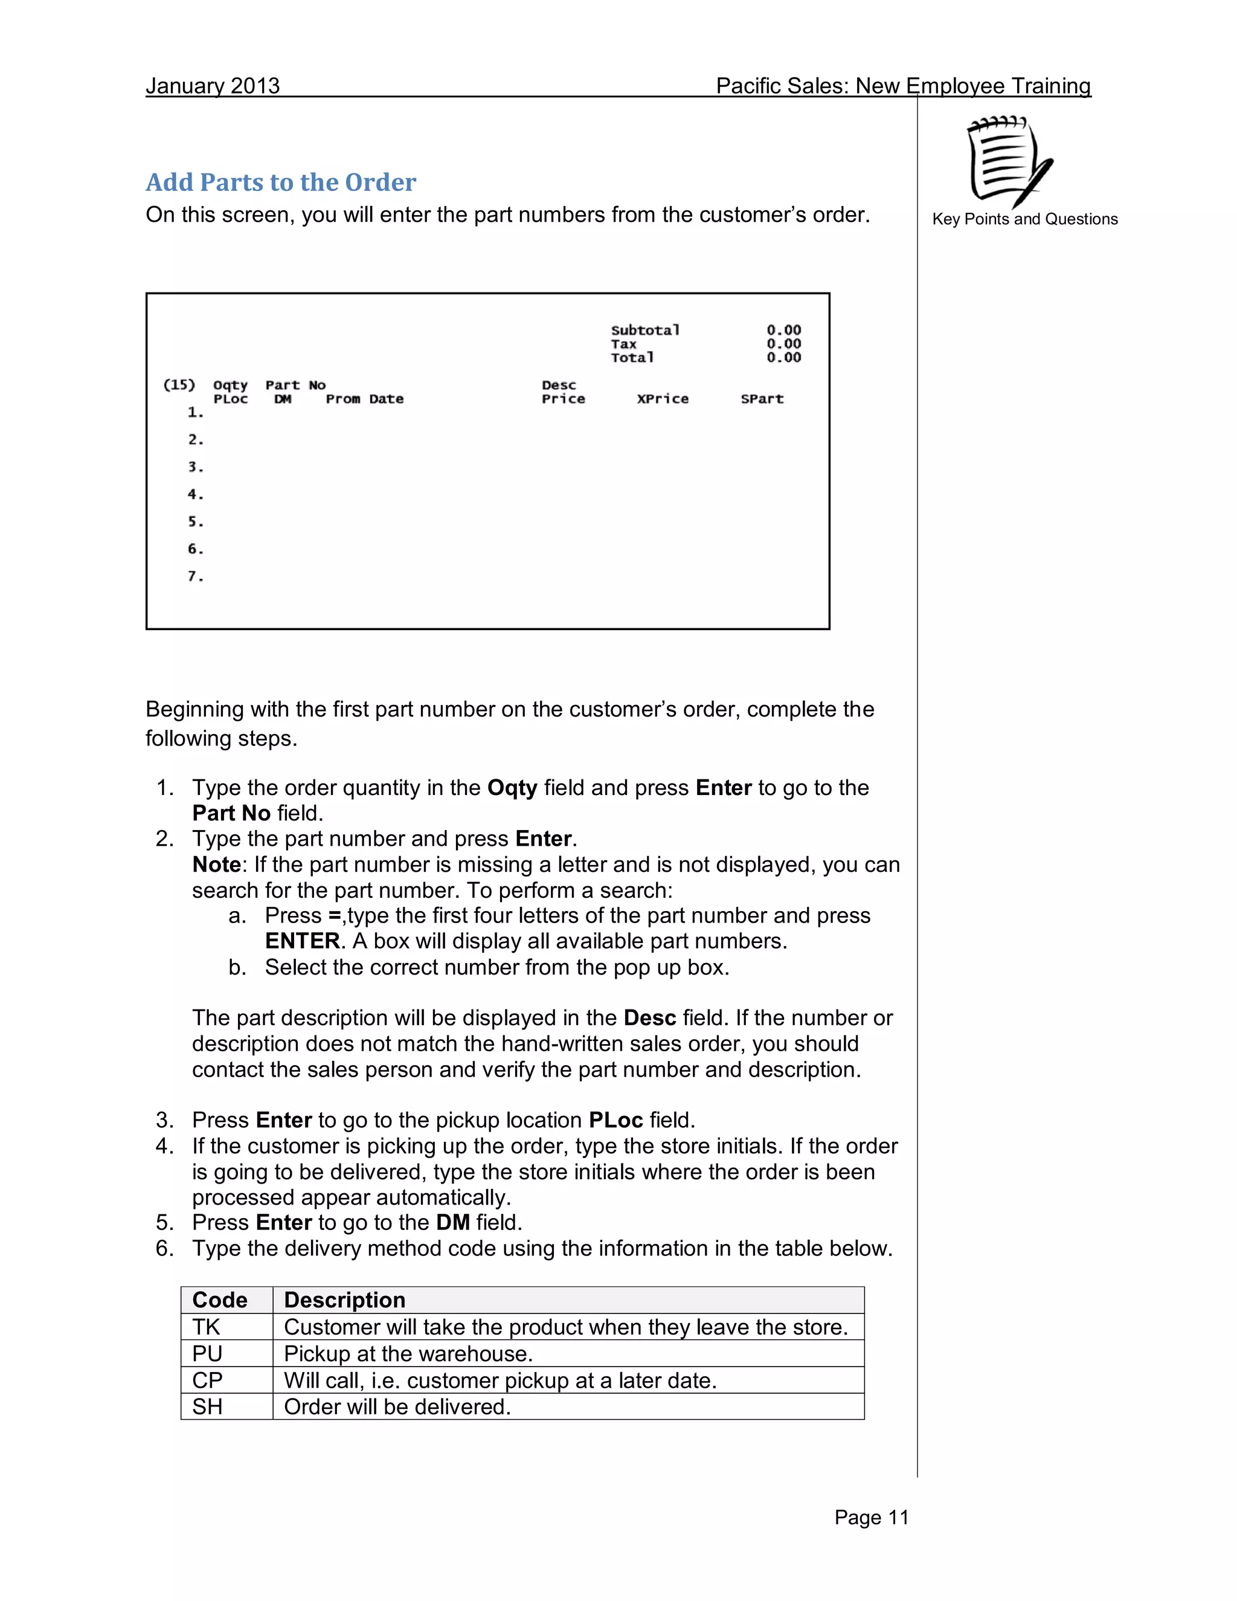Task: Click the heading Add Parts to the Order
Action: coord(281,182)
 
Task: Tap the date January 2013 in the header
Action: coord(213,86)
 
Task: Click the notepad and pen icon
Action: coord(1010,161)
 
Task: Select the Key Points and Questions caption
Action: coord(1024,219)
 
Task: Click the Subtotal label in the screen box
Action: coord(645,330)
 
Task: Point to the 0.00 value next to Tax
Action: coord(783,344)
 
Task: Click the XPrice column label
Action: coord(663,399)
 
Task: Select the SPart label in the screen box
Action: coord(762,399)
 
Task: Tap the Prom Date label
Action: coord(364,399)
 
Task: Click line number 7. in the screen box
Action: coord(195,576)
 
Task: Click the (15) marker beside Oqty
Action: coord(179,385)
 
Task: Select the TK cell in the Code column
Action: coord(206,1327)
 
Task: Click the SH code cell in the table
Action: coord(207,1406)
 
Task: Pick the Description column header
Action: coord(344,1300)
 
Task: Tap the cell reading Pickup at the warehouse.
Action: coord(408,1353)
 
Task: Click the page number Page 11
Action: coord(872,1518)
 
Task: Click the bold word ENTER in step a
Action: coord(302,941)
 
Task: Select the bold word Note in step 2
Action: coord(216,865)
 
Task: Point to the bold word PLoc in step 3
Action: coord(615,1120)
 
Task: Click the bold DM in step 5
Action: coord(452,1222)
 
